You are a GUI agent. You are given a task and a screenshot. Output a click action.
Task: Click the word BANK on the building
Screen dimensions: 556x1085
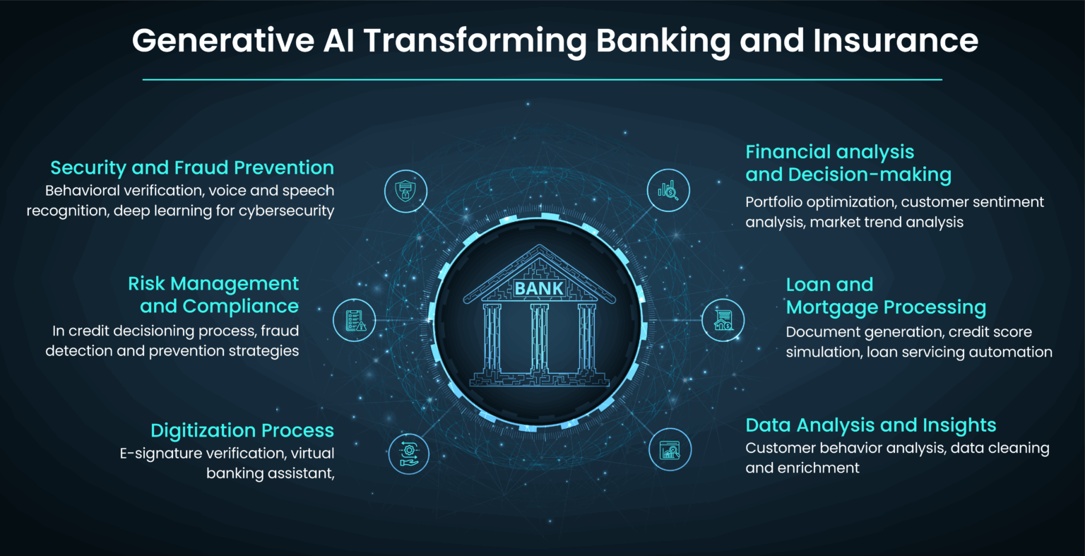[539, 288]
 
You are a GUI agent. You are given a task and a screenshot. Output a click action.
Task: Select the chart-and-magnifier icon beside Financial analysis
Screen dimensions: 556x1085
[668, 191]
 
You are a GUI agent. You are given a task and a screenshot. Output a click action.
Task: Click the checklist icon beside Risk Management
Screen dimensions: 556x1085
[355, 320]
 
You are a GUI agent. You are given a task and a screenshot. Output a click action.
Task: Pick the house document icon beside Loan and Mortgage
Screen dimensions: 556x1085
[723, 320]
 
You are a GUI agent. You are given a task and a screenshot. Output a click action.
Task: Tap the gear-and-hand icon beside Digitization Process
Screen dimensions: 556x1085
[409, 452]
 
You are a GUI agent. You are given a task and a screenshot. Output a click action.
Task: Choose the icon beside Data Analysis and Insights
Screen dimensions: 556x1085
[670, 449]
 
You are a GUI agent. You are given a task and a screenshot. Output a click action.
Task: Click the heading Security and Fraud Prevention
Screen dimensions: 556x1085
[192, 168]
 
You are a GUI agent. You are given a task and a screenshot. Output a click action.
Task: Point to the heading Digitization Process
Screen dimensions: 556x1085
[242, 430]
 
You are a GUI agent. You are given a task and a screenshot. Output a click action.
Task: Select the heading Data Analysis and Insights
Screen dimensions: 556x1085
[871, 425]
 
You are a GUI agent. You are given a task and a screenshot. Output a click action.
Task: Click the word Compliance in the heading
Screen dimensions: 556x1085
[240, 306]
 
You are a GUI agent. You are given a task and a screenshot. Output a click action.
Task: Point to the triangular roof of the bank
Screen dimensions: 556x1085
[539, 261]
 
